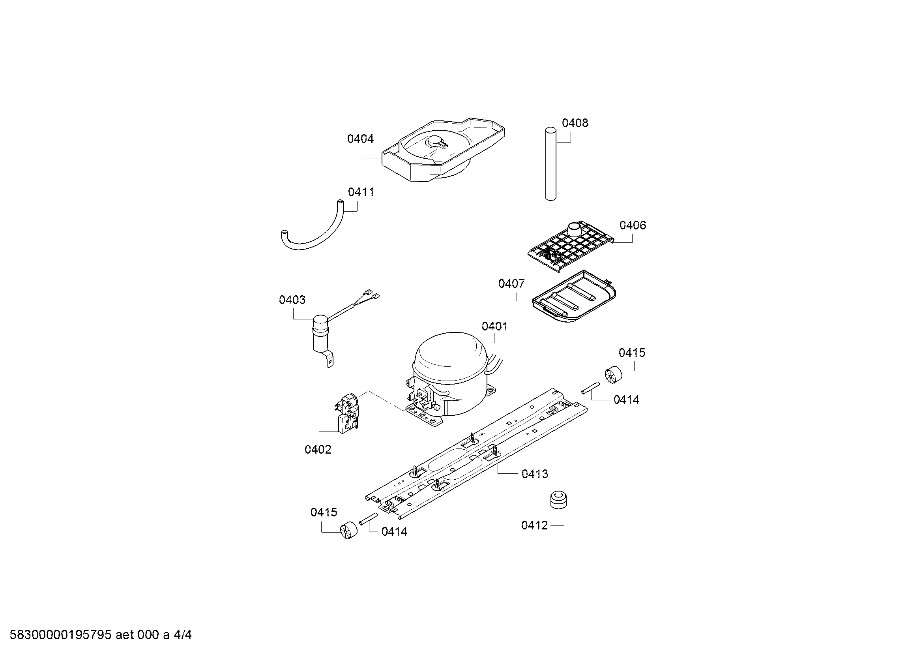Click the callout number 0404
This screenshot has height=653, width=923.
[x=360, y=139]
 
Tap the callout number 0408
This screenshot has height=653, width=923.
[x=575, y=123]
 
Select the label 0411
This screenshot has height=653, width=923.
[x=361, y=192]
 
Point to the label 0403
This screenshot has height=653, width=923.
[x=292, y=300]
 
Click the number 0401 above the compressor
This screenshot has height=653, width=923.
[x=494, y=326]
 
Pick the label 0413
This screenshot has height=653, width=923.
[x=535, y=474]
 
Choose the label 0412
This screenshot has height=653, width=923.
[x=534, y=525]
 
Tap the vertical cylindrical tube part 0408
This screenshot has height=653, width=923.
[x=551, y=164]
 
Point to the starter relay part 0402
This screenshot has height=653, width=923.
[x=346, y=412]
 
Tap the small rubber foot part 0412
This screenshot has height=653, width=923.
[x=558, y=500]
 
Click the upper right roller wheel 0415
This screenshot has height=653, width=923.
[x=613, y=375]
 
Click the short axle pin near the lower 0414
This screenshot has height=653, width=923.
[x=368, y=519]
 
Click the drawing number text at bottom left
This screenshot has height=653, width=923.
[x=101, y=635]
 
